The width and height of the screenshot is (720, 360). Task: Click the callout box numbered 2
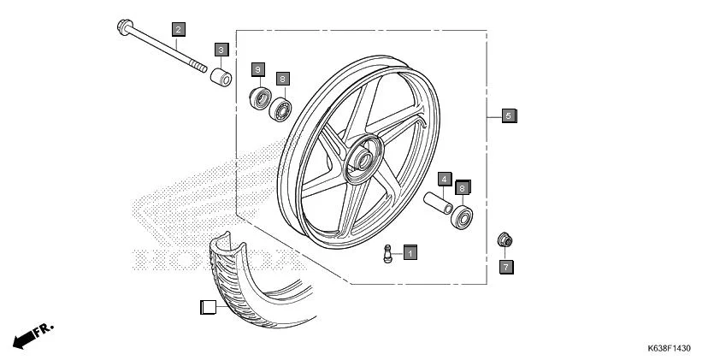click(x=178, y=31)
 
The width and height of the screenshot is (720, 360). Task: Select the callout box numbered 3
click(x=220, y=50)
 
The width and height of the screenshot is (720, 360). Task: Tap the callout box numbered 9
click(x=257, y=68)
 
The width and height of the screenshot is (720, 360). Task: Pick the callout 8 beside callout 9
click(x=282, y=78)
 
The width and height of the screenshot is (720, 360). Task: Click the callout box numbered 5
click(x=508, y=115)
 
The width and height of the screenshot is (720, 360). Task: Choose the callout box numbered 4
click(x=445, y=179)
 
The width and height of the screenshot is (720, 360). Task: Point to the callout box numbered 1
click(x=410, y=253)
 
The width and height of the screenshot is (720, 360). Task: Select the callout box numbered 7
click(x=505, y=267)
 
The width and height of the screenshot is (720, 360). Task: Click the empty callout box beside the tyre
click(x=208, y=308)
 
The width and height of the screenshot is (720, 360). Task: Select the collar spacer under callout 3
click(x=222, y=79)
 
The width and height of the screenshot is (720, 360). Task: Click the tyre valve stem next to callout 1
click(x=388, y=254)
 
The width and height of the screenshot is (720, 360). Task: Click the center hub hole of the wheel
click(x=361, y=161)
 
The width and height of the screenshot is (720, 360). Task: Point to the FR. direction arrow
click(x=32, y=334)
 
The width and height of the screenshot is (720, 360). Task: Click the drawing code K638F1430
click(x=668, y=349)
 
